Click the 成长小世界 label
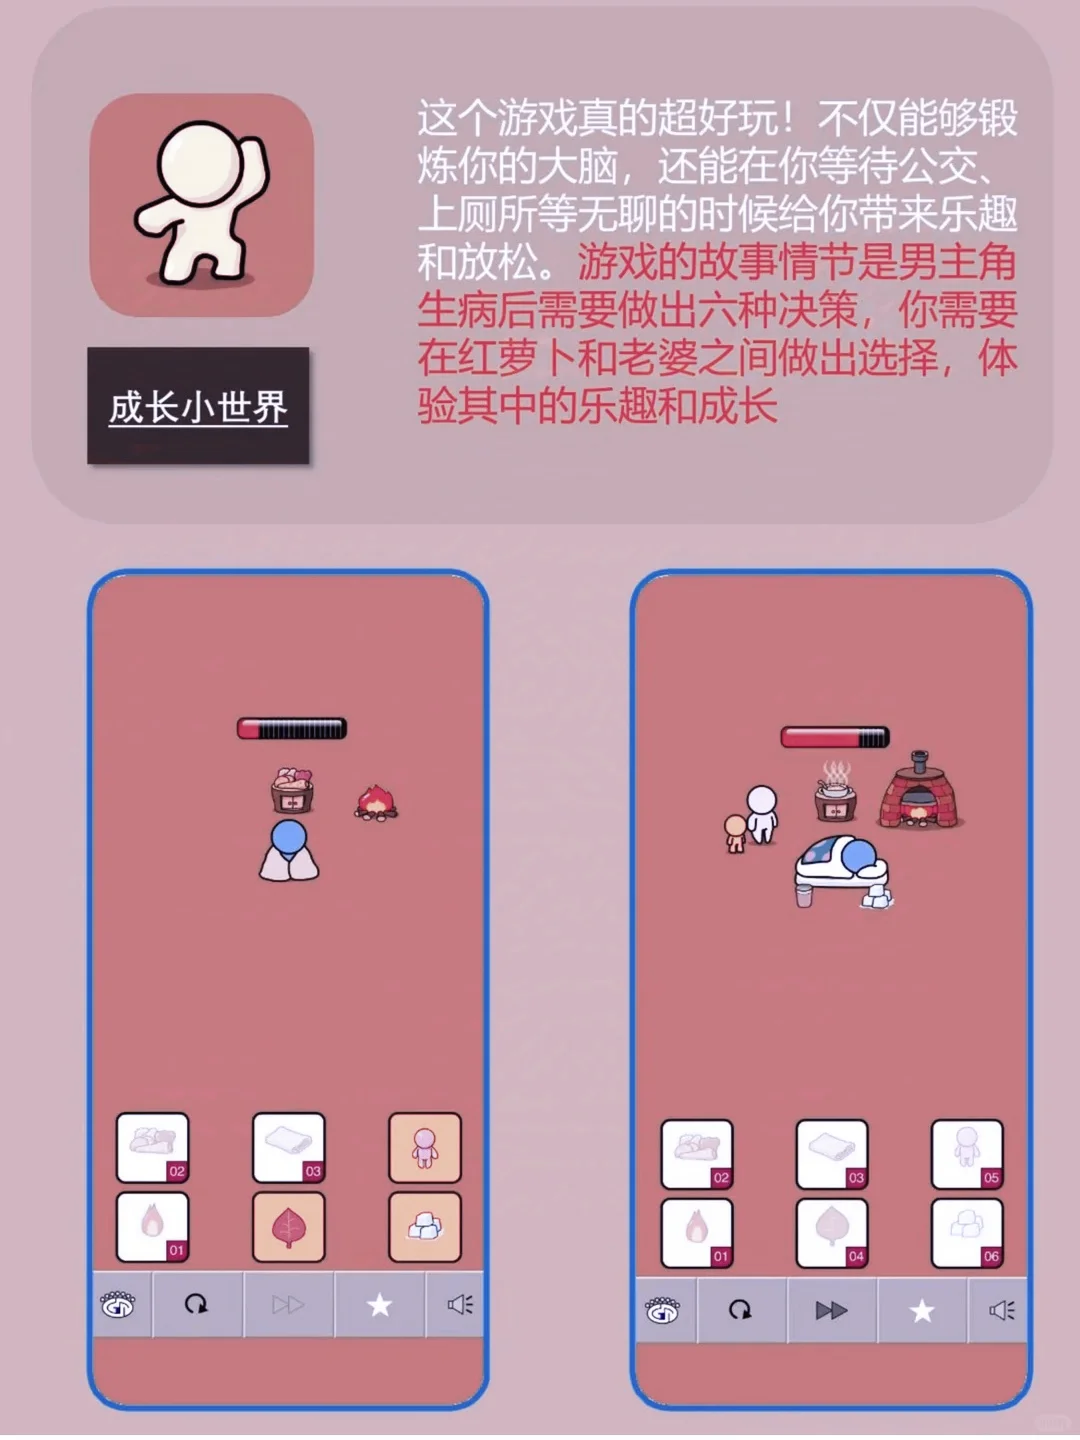[198, 407]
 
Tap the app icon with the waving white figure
[202, 205]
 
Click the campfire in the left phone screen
[376, 802]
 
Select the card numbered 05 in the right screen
[967, 1154]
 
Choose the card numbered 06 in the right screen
[967, 1232]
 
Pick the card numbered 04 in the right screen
[832, 1232]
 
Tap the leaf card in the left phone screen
[289, 1227]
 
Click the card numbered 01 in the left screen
[153, 1227]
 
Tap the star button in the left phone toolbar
[379, 1305]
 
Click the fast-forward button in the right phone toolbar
[831, 1310]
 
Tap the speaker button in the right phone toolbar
[1000, 1310]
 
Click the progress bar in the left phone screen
[292, 728]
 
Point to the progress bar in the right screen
[835, 738]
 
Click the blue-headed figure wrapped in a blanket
[289, 851]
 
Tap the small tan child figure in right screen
[736, 833]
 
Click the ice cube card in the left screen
[425, 1227]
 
